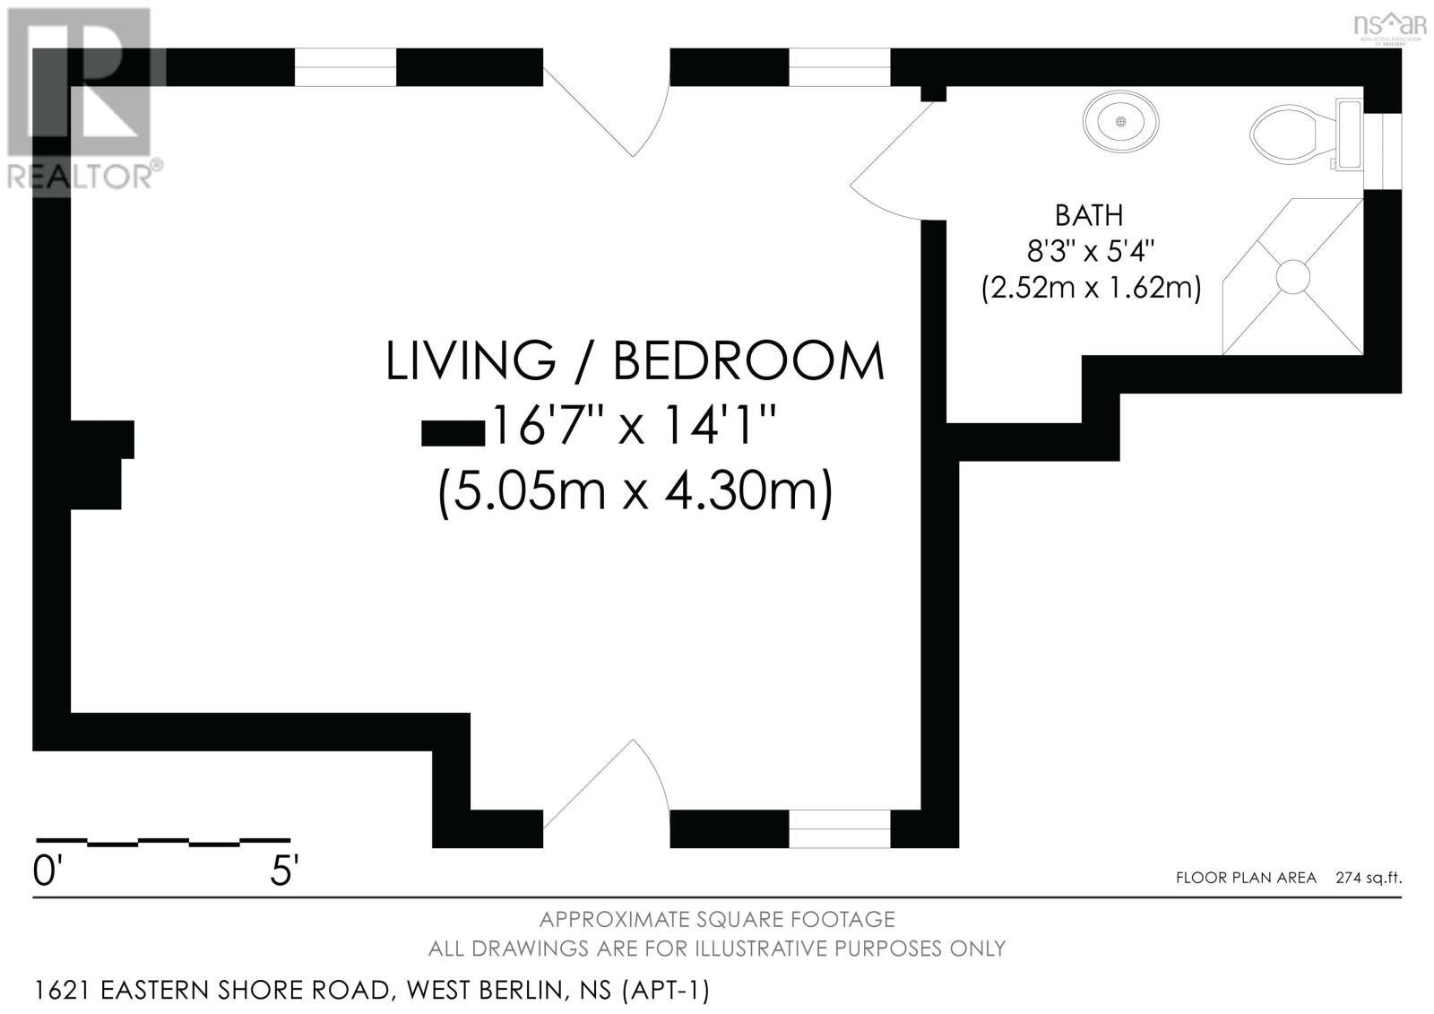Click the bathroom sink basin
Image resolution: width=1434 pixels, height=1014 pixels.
coord(1120,121)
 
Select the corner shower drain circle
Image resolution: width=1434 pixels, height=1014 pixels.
coord(1293,275)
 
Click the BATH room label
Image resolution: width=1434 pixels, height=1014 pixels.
coord(1088,216)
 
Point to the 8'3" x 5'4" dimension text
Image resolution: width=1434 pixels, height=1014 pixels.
coord(1089,251)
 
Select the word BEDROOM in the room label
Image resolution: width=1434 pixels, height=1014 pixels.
coord(748,360)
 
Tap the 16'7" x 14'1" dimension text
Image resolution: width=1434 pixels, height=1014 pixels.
coord(632,427)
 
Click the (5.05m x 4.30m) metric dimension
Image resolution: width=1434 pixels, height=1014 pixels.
coord(635,491)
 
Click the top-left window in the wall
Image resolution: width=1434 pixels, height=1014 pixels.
coord(345,67)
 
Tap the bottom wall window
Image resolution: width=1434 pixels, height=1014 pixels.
coord(839,828)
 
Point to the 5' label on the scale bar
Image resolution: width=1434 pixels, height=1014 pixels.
coord(284,871)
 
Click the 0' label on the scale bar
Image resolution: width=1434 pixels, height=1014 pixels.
coord(45,871)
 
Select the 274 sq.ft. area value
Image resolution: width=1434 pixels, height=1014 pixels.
coord(1368,878)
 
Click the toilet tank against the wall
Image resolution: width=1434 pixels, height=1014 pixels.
coord(1348,134)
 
